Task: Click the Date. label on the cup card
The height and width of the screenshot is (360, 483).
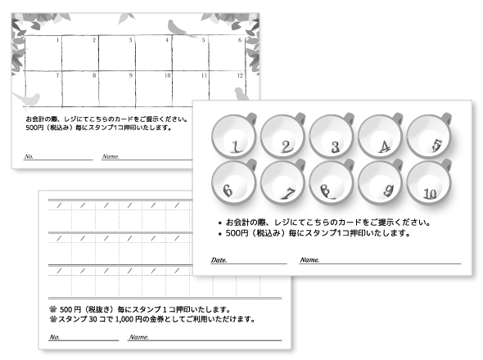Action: click(219, 260)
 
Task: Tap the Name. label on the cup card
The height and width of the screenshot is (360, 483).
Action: click(309, 260)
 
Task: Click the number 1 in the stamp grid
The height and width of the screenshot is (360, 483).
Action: click(58, 39)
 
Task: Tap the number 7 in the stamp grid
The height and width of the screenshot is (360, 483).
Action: click(58, 76)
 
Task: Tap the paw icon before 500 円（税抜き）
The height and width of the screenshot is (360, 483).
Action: click(53, 308)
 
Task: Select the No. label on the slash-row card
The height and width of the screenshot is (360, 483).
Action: click(54, 337)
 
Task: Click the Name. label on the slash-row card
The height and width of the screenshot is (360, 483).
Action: click(139, 337)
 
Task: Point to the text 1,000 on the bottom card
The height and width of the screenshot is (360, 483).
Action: click(117, 318)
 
